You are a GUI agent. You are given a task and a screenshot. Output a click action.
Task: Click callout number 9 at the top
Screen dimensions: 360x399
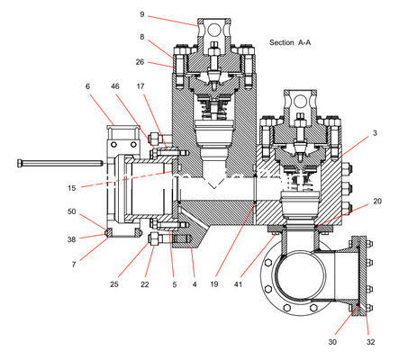click(x=142, y=14)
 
